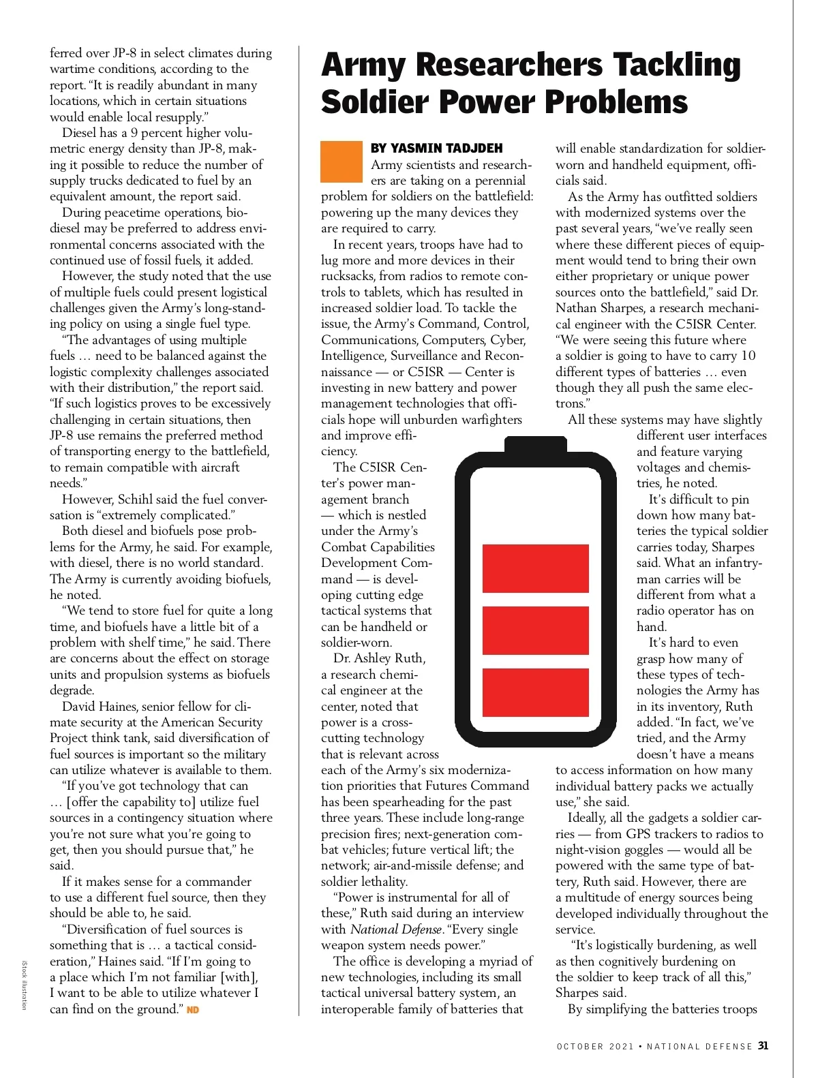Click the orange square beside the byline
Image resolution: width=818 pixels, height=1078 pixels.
(342, 161)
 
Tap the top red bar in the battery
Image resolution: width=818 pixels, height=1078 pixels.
(536, 568)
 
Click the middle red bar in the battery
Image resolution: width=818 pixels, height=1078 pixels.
(536, 630)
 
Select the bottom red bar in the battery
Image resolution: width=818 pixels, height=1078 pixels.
(536, 692)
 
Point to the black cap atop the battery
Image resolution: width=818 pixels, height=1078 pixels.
(536, 444)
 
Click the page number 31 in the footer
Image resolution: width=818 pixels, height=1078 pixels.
(763, 1045)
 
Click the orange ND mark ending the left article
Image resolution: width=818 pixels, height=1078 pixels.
(193, 1009)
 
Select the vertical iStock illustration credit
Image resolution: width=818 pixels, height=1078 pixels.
(24, 984)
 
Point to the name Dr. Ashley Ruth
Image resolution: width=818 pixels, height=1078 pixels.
(379, 658)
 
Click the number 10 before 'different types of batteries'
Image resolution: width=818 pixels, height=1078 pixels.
(748, 356)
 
